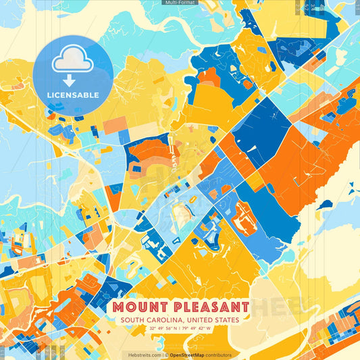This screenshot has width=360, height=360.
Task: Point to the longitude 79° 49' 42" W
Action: point(196,329)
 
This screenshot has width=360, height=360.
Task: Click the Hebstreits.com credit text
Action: point(144,355)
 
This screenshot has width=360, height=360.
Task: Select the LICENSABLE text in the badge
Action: point(72,94)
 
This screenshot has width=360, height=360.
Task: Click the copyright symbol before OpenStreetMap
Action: point(166,355)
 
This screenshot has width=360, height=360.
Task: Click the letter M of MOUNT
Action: point(117,307)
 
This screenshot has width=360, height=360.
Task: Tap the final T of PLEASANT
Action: point(245,307)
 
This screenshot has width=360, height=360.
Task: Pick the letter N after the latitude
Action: point(177,329)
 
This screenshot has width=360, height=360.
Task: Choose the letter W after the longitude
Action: point(209,329)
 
